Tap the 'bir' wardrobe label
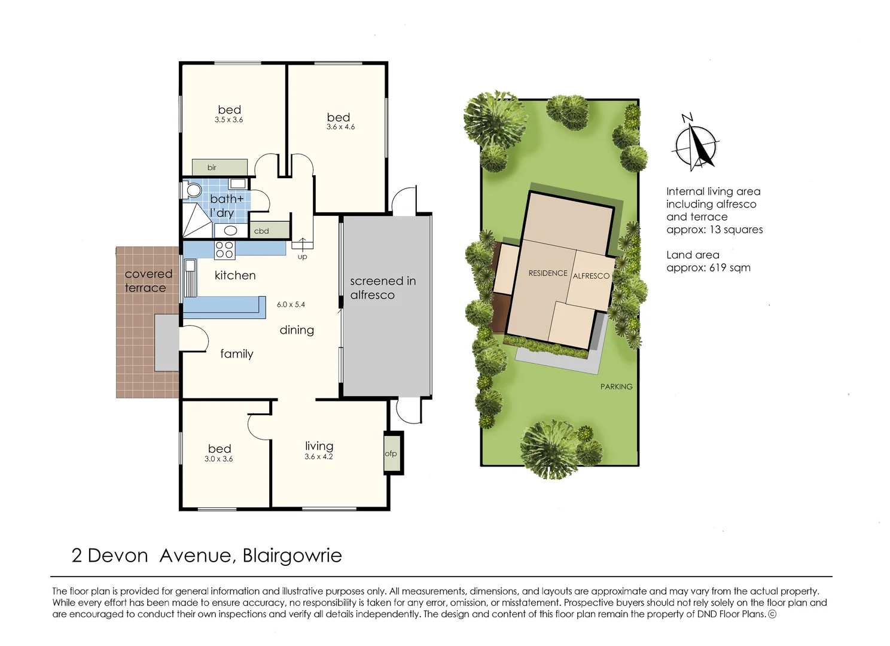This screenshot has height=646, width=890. click(x=212, y=167)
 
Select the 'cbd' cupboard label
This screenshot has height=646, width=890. click(x=261, y=231)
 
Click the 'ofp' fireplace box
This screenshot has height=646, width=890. click(x=391, y=453)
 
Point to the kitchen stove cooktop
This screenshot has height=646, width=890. click(x=224, y=250)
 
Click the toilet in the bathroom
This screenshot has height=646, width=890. click(x=193, y=190)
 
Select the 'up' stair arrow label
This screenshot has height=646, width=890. click(x=302, y=257)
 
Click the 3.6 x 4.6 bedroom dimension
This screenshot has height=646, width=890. click(x=340, y=127)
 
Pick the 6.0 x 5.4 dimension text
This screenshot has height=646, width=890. click(x=291, y=304)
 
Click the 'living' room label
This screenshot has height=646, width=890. click(x=319, y=446)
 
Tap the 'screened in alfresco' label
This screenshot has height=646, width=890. click(x=383, y=288)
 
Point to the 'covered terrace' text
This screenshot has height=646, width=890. click(x=148, y=281)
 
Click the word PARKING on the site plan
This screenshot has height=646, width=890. click(x=616, y=386)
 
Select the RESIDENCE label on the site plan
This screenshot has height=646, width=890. click(x=547, y=273)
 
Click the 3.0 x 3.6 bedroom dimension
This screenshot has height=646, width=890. click(x=218, y=459)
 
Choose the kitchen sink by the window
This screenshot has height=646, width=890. click(x=190, y=278)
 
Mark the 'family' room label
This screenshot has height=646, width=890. click(x=236, y=354)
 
